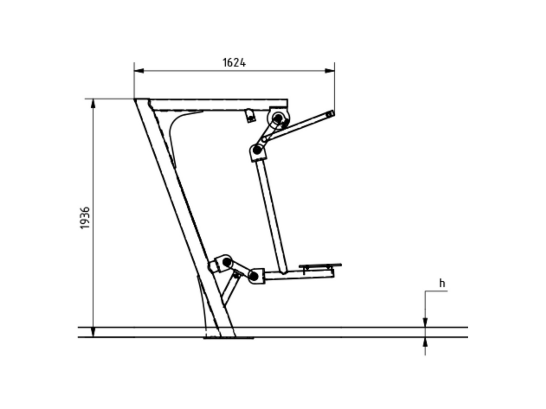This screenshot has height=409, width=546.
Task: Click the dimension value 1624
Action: click(234, 62)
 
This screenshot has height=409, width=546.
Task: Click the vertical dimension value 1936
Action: click(85, 218)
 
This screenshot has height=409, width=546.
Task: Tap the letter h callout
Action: click(442, 283)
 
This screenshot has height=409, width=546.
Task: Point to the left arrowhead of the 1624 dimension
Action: click(139, 71)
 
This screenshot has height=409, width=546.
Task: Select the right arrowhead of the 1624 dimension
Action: click(329, 71)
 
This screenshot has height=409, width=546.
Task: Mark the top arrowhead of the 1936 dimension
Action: click(93, 103)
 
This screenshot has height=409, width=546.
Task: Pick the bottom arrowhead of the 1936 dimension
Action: click(93, 332)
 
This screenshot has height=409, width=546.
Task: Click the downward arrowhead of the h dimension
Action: click(425, 322)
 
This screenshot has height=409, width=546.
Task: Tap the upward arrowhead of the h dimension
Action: click(425, 342)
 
